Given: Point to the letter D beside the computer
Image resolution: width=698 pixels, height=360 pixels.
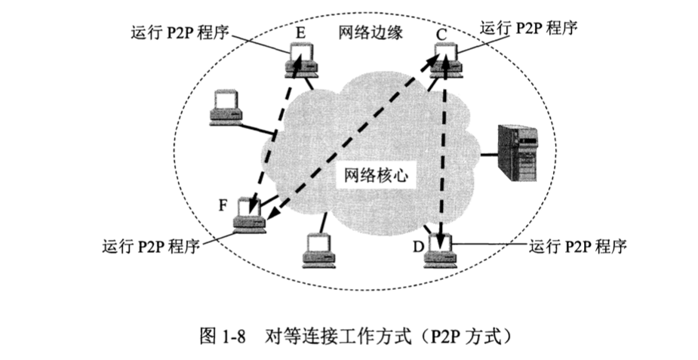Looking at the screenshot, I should pos(417,247).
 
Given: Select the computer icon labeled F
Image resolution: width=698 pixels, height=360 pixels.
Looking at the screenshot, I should pos(249,215).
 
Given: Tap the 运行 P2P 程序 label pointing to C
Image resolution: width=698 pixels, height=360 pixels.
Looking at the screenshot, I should pos(528,29).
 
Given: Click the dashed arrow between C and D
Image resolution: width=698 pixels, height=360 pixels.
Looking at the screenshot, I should pos(443,151).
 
